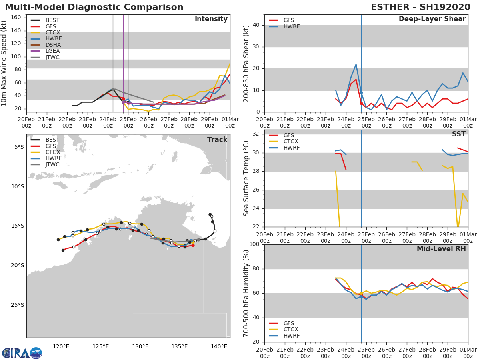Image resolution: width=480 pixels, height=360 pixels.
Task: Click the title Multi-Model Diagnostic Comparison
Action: (x=94, y=7)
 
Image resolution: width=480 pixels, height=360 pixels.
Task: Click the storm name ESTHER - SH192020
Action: (x=420, y=7)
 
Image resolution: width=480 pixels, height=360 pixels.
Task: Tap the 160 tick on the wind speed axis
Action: (x=16, y=18)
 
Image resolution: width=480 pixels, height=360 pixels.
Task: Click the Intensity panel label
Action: (x=211, y=19)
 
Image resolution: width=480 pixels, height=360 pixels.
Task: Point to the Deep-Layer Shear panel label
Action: (x=432, y=19)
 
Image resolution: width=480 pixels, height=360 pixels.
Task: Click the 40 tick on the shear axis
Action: (x=256, y=25)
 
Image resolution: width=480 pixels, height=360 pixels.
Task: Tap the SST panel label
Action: (x=459, y=134)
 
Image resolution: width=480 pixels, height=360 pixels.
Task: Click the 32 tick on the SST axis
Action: (x=256, y=134)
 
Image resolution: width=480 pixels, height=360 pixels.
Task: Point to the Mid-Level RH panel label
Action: (x=441, y=249)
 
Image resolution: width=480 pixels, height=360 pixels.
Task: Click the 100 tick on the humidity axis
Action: (x=254, y=244)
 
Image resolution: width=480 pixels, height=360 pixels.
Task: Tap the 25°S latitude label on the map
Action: (x=18, y=305)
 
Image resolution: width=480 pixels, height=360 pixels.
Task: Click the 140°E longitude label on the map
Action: (x=219, y=347)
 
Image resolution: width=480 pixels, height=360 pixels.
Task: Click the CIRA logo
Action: (x=22, y=353)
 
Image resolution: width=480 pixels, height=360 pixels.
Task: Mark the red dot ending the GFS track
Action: (x=193, y=246)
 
